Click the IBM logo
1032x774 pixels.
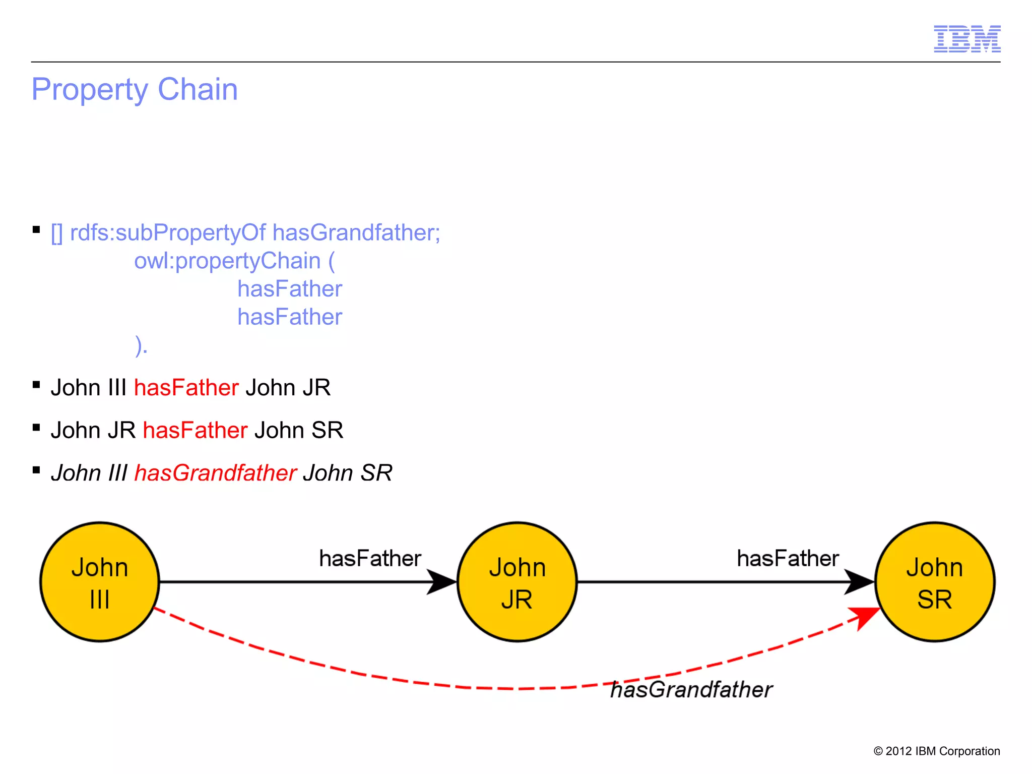(x=966, y=39)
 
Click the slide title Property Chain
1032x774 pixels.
(x=135, y=90)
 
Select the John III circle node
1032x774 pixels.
(x=100, y=582)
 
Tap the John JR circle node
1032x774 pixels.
(x=517, y=582)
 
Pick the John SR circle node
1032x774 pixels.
(x=935, y=582)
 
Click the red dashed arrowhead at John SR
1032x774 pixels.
(x=866, y=617)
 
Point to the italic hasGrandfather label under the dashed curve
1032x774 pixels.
(x=691, y=690)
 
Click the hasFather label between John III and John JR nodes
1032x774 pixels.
(x=370, y=559)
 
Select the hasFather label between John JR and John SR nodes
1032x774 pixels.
(x=788, y=559)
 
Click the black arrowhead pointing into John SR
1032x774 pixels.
(x=859, y=582)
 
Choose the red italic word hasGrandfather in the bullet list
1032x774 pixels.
(x=215, y=473)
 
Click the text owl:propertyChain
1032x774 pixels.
(x=227, y=261)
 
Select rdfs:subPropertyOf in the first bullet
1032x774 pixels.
(x=167, y=233)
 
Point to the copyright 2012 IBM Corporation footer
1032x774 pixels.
(x=936, y=751)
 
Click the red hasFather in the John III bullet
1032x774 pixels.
(x=186, y=388)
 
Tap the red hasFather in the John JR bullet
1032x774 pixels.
(x=195, y=431)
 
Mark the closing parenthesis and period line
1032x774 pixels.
(x=142, y=346)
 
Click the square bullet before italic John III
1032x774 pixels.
(x=36, y=470)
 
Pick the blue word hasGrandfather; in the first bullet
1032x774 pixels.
(x=356, y=233)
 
